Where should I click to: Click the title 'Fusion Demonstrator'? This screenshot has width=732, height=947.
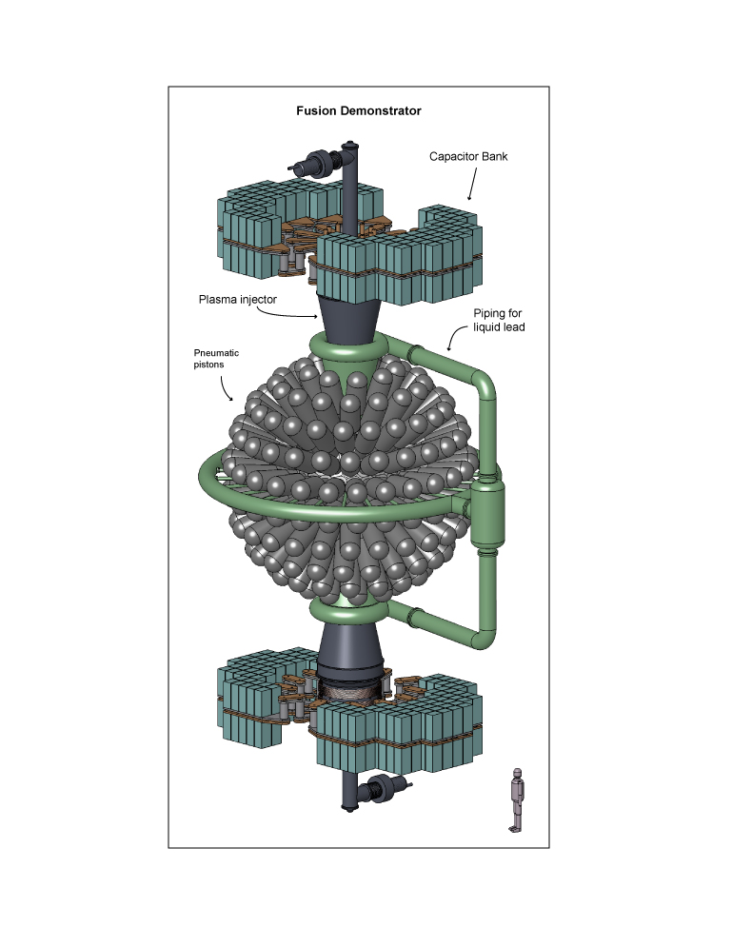click(x=359, y=110)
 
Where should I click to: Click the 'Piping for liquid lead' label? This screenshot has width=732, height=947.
click(x=499, y=321)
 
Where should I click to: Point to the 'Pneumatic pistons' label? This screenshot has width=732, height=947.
click(x=216, y=358)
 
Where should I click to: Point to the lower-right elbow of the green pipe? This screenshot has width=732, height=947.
click(x=485, y=625)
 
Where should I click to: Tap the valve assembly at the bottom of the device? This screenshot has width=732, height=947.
click(x=386, y=788)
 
